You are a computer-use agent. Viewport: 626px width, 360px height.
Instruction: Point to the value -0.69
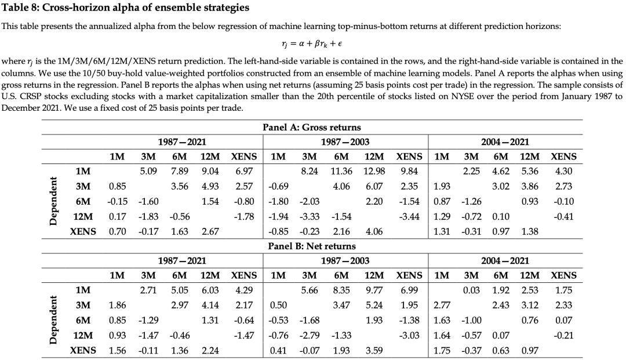[x=278, y=187]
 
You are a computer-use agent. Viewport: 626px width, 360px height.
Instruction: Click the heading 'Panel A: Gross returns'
[x=311, y=127]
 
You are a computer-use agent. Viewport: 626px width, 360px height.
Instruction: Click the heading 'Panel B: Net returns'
[x=311, y=246]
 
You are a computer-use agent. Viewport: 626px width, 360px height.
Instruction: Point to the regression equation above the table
[x=311, y=43]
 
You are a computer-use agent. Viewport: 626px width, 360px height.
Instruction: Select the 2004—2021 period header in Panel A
[x=505, y=141]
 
